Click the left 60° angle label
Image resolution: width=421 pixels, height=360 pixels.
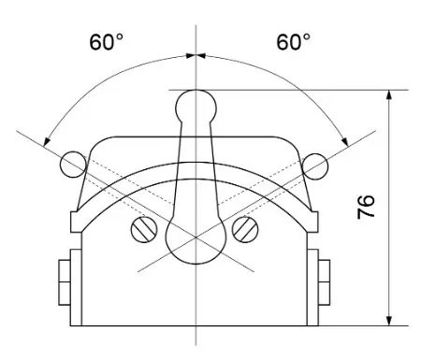106,42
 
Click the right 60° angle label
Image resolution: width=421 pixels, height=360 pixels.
293,42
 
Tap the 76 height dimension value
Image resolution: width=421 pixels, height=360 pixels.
366,208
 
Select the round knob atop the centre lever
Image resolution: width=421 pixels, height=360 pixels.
196,107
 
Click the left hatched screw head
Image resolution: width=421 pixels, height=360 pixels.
144,230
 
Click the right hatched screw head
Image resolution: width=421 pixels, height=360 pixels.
245,230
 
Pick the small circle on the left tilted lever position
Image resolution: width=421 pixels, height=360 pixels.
73,165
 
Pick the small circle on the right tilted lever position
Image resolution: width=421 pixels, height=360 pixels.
315,166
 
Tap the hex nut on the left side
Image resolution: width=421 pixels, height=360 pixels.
65,282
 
